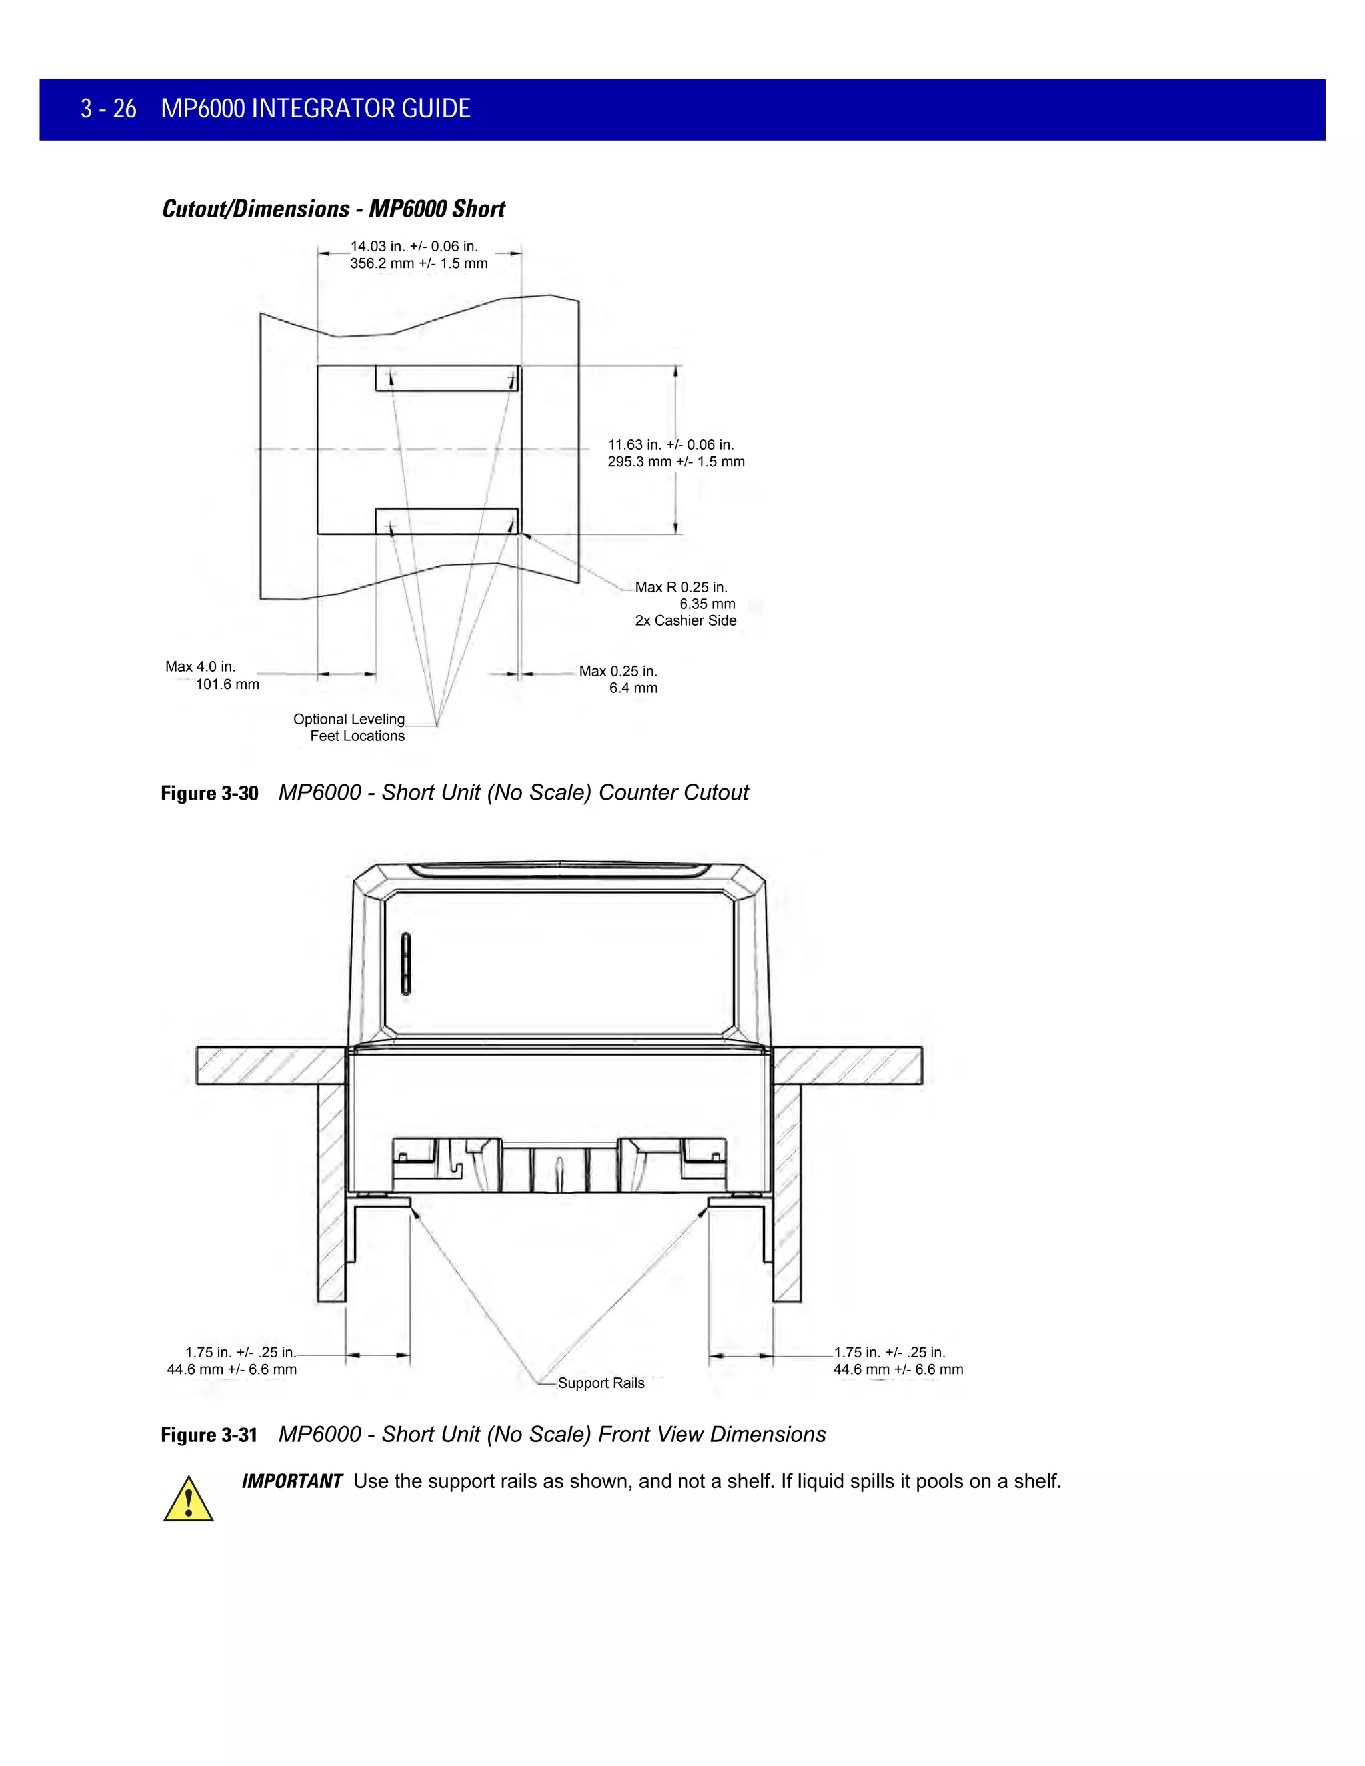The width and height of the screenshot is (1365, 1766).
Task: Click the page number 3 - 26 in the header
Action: [x=109, y=109]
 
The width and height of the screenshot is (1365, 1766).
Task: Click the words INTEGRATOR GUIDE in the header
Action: [x=361, y=109]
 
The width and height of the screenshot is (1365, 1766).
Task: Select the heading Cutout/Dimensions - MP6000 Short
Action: [x=333, y=209]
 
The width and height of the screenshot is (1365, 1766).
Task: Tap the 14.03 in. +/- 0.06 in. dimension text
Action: [x=413, y=246]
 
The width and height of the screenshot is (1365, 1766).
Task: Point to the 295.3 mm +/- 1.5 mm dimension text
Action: [x=676, y=462]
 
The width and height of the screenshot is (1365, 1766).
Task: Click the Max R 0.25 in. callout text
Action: [x=681, y=588]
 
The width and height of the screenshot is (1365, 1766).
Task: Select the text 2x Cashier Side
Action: [x=685, y=621]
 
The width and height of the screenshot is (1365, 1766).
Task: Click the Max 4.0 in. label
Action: [x=201, y=667]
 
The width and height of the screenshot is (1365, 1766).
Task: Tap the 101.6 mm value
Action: [x=227, y=685]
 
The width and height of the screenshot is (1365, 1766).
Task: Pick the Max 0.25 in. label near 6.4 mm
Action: [x=618, y=672]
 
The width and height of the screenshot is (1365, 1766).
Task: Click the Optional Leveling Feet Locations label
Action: [x=349, y=728]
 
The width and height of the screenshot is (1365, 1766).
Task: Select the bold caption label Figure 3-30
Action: [x=209, y=793]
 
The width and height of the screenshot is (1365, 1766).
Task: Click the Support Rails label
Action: [x=601, y=1383]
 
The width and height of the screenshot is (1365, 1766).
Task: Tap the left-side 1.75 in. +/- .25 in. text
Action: [x=240, y=1353]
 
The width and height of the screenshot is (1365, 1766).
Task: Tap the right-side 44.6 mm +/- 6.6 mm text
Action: [x=898, y=1369]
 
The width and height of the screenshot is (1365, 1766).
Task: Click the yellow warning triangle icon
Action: [x=189, y=1500]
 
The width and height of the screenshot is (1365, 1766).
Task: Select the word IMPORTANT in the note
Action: [x=292, y=1481]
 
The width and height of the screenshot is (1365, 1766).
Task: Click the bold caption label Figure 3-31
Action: [x=209, y=1435]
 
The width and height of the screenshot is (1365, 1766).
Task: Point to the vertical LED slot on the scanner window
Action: [x=406, y=962]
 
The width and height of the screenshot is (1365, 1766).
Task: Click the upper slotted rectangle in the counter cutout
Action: [x=447, y=379]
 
